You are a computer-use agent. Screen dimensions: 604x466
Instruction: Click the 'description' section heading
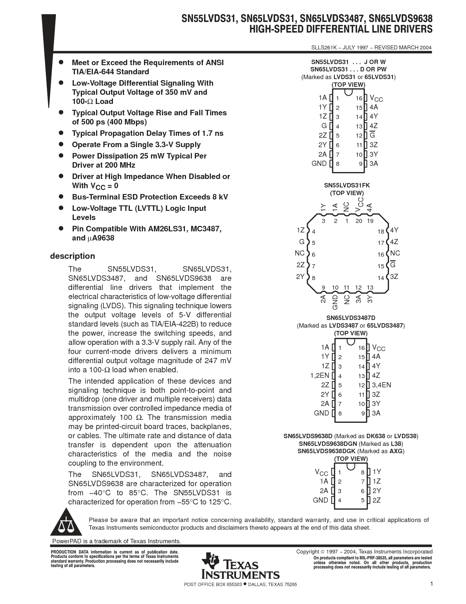click(72, 256)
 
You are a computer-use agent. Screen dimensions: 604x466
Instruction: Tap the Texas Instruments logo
click(240, 566)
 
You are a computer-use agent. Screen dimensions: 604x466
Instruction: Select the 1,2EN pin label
click(319, 375)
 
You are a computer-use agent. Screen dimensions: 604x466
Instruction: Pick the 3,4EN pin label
click(381, 385)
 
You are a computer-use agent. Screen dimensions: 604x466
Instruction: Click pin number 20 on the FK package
click(359, 221)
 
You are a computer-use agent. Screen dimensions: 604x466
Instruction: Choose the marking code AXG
click(396, 451)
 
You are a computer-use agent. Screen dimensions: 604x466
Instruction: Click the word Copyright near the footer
click(307, 552)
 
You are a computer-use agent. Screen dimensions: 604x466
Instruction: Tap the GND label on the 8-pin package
click(320, 500)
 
